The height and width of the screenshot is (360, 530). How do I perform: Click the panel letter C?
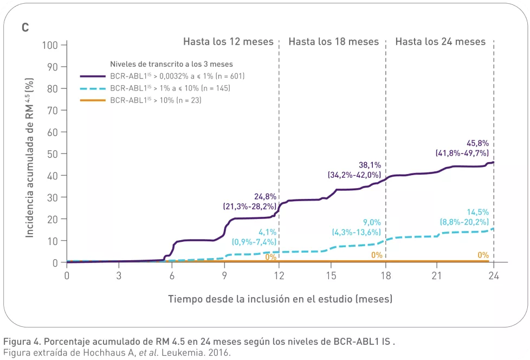[25, 27]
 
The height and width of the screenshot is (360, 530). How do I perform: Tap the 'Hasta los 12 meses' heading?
[228, 42]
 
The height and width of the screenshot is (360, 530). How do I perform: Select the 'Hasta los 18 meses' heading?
[333, 42]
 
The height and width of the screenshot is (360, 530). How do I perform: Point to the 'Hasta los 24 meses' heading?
[440, 42]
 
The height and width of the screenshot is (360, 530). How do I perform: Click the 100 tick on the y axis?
[50, 44]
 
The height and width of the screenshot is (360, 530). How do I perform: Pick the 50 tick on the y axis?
[53, 153]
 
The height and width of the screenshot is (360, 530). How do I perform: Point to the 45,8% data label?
[477, 144]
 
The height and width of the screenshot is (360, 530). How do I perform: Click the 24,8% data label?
[265, 196]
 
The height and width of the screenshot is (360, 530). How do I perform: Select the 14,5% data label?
[477, 212]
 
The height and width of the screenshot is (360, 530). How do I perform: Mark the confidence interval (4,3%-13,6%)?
[356, 232]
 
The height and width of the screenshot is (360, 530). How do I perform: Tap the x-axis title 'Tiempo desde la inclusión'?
[280, 299]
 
